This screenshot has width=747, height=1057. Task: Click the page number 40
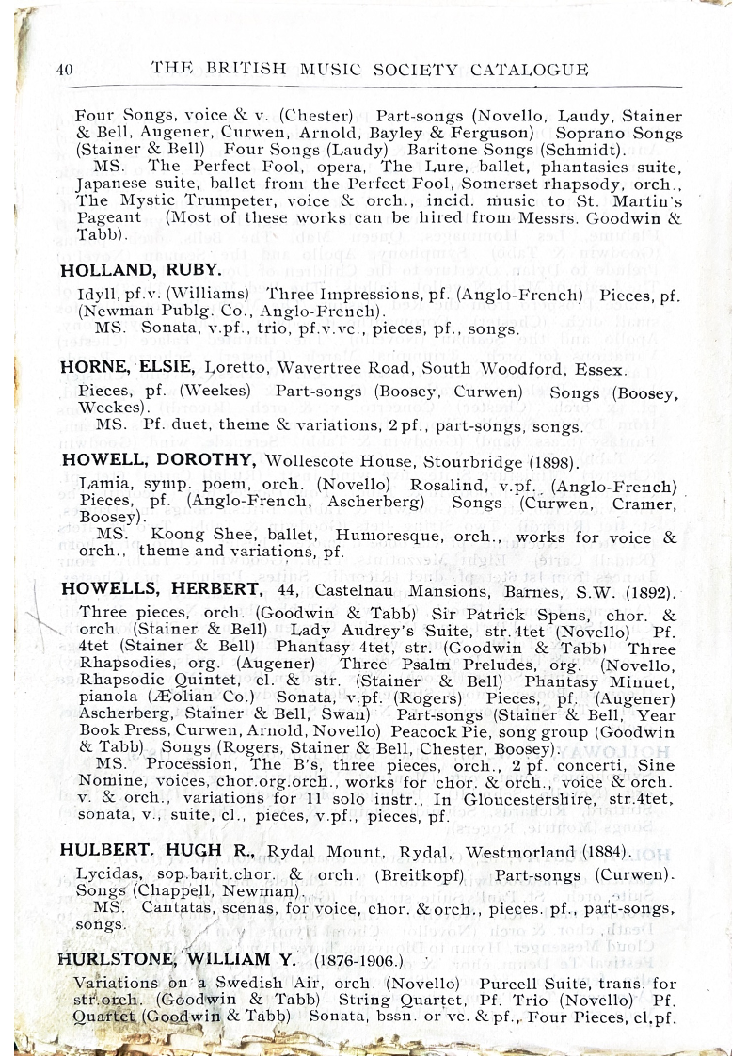[x=65, y=70]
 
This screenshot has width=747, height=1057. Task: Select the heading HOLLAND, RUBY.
[x=140, y=270]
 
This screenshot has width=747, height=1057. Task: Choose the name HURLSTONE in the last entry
[x=104, y=960]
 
